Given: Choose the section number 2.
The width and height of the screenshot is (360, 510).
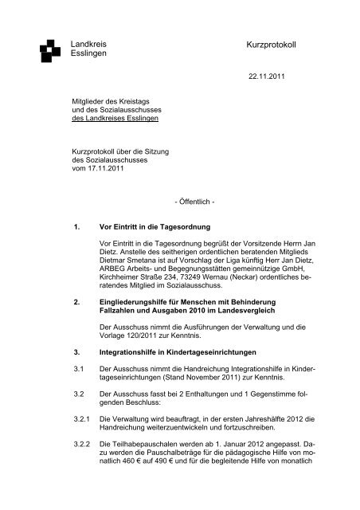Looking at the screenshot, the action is [x=76, y=303].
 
